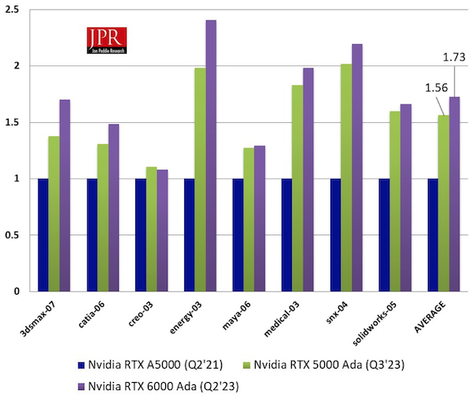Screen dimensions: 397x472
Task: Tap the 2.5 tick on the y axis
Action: click(15, 9)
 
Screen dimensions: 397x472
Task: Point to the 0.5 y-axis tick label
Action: click(15, 235)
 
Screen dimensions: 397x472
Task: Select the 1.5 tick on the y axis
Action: click(15, 122)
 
